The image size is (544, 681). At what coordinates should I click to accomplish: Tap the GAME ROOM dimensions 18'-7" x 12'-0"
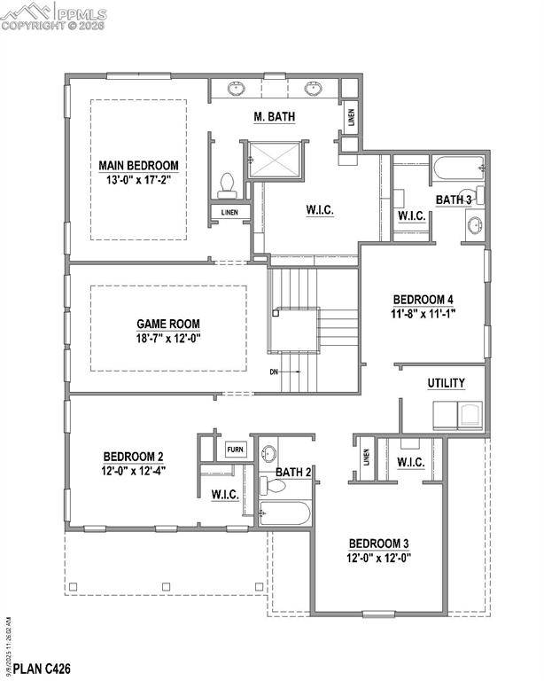coord(168,339)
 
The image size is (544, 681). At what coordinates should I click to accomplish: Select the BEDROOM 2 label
coord(134,458)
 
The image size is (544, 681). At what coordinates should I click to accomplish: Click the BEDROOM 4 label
coord(423,299)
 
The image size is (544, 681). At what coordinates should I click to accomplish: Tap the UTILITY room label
coord(446,383)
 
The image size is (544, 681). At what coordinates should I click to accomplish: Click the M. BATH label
coord(275,116)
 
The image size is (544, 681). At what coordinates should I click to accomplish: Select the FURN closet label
coord(236,450)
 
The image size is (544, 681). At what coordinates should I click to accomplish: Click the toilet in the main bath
coord(226,184)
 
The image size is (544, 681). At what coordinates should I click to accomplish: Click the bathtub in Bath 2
coord(284,513)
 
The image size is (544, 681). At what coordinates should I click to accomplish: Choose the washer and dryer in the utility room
coord(459,415)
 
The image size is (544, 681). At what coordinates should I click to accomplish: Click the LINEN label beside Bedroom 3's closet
coord(367,458)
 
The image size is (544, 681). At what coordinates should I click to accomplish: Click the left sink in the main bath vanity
coord(237,89)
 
